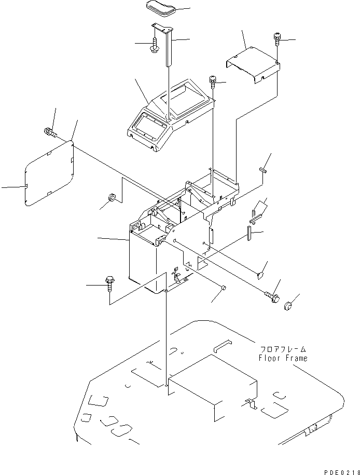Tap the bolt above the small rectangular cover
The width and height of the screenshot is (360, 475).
click(277, 39)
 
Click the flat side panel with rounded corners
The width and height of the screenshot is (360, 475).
click(49, 173)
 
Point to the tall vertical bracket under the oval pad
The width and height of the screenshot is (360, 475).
click(166, 46)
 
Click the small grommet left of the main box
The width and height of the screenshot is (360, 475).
click(112, 198)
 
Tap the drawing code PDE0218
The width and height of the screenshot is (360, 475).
click(341, 472)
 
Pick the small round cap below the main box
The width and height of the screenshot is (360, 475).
click(224, 288)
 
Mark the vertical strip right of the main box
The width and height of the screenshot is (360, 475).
click(249, 233)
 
